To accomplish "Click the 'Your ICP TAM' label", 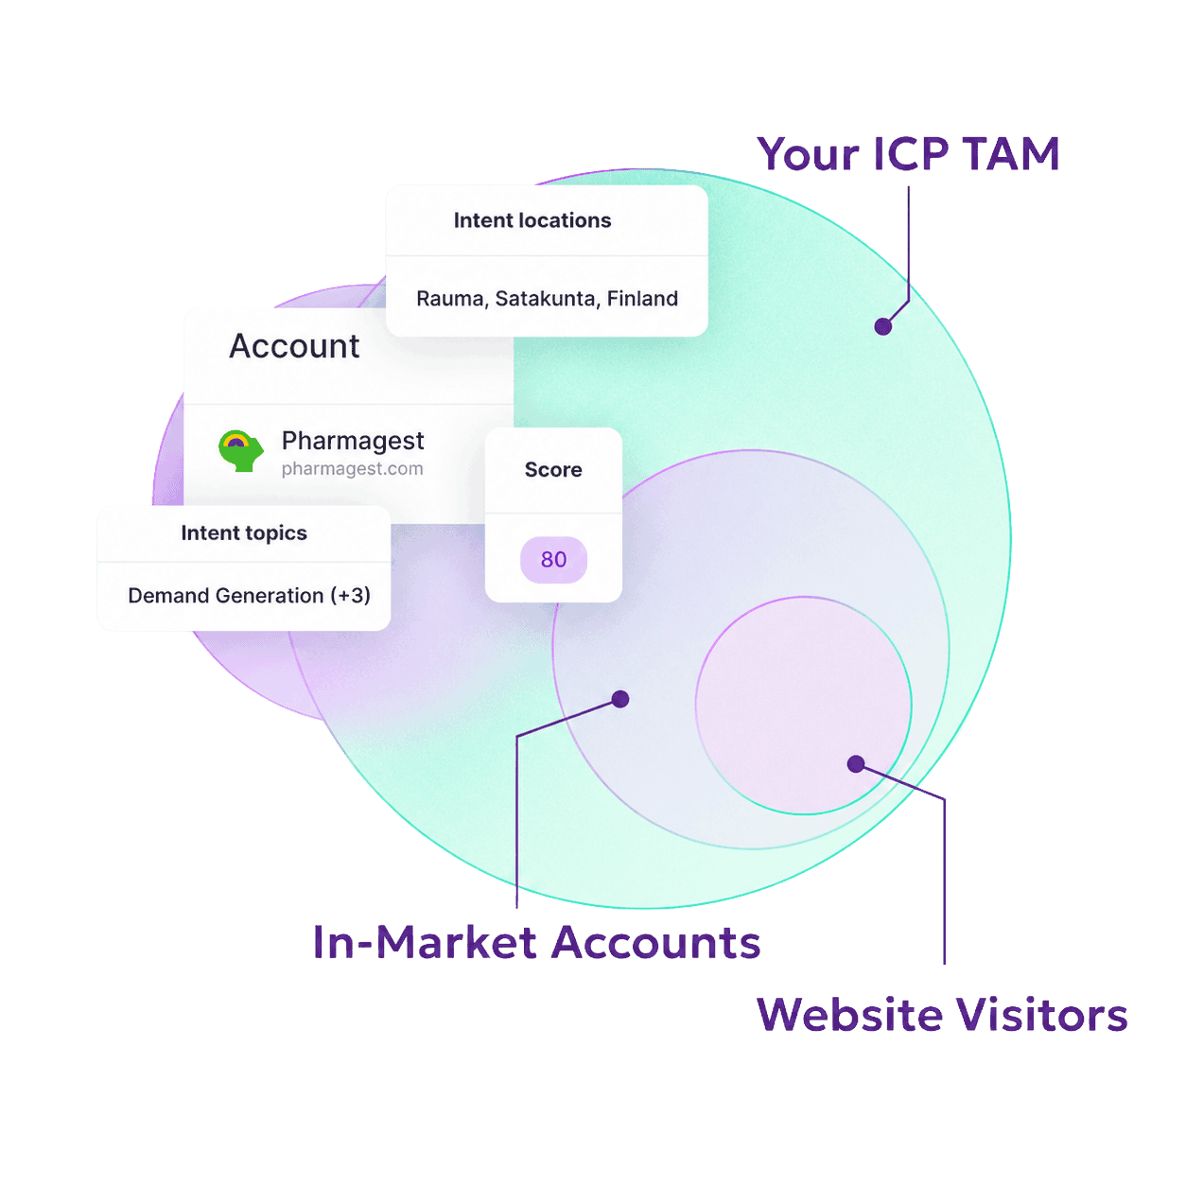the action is point(909,154).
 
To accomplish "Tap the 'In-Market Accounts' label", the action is point(536,943).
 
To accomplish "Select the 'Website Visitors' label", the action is point(942,1015).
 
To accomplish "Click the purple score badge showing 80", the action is point(553,560).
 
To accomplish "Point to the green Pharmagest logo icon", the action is point(241,450).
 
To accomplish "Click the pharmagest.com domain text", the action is point(352,469).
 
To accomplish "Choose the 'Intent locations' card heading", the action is point(532,220).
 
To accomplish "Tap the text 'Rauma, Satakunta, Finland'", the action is point(548,299).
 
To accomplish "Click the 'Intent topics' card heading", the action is point(244,533).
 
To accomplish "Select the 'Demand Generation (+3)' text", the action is point(250,596).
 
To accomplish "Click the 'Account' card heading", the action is point(294,346).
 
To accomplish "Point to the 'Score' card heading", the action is point(553,470).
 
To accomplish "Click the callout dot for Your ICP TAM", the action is point(883,326).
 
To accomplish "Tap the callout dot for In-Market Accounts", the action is point(620,699).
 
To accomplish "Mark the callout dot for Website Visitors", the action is point(856,764).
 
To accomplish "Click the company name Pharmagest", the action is point(353,442).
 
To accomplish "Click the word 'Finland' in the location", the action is point(642,299).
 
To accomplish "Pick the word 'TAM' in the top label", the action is point(1011,154).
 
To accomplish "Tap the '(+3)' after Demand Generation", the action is point(350,596).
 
